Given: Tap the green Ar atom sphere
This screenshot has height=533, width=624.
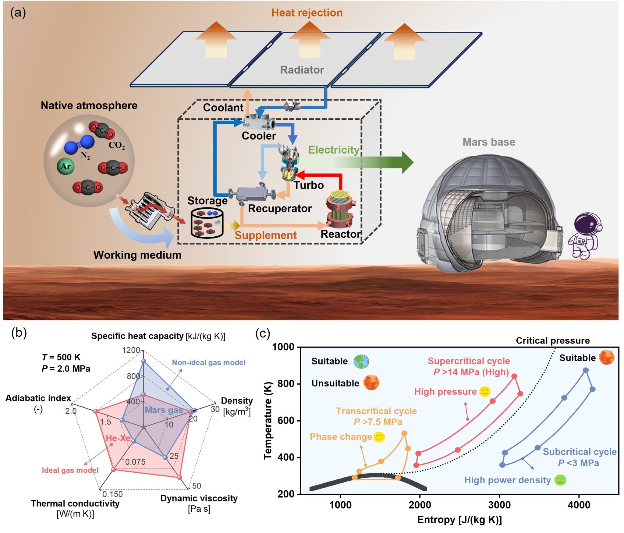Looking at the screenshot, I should [66, 166].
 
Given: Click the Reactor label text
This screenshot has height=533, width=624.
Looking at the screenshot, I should [341, 234].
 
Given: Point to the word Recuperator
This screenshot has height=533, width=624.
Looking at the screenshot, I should [280, 209].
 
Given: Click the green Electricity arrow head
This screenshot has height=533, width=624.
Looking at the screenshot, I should [407, 162].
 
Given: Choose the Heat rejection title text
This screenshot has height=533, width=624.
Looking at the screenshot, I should [307, 13].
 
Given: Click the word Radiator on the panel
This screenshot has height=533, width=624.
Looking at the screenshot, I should [302, 70].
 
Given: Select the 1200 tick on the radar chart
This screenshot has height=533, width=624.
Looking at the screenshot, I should [131, 350].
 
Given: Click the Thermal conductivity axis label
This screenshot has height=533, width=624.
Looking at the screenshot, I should [75, 503].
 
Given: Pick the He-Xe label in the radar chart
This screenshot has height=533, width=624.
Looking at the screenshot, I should [118, 438].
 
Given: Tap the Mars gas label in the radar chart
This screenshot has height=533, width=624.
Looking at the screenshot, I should [164, 410].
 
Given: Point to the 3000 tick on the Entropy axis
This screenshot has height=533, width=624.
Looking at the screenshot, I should [499, 505].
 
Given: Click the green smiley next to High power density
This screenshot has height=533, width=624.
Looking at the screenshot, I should [560, 480].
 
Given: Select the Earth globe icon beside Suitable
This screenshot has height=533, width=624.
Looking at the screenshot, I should [361, 362].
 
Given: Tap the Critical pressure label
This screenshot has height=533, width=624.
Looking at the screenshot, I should [552, 341].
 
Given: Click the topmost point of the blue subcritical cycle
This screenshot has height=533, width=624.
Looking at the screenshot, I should [585, 370].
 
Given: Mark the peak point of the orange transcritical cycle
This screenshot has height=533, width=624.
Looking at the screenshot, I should [404, 433].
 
